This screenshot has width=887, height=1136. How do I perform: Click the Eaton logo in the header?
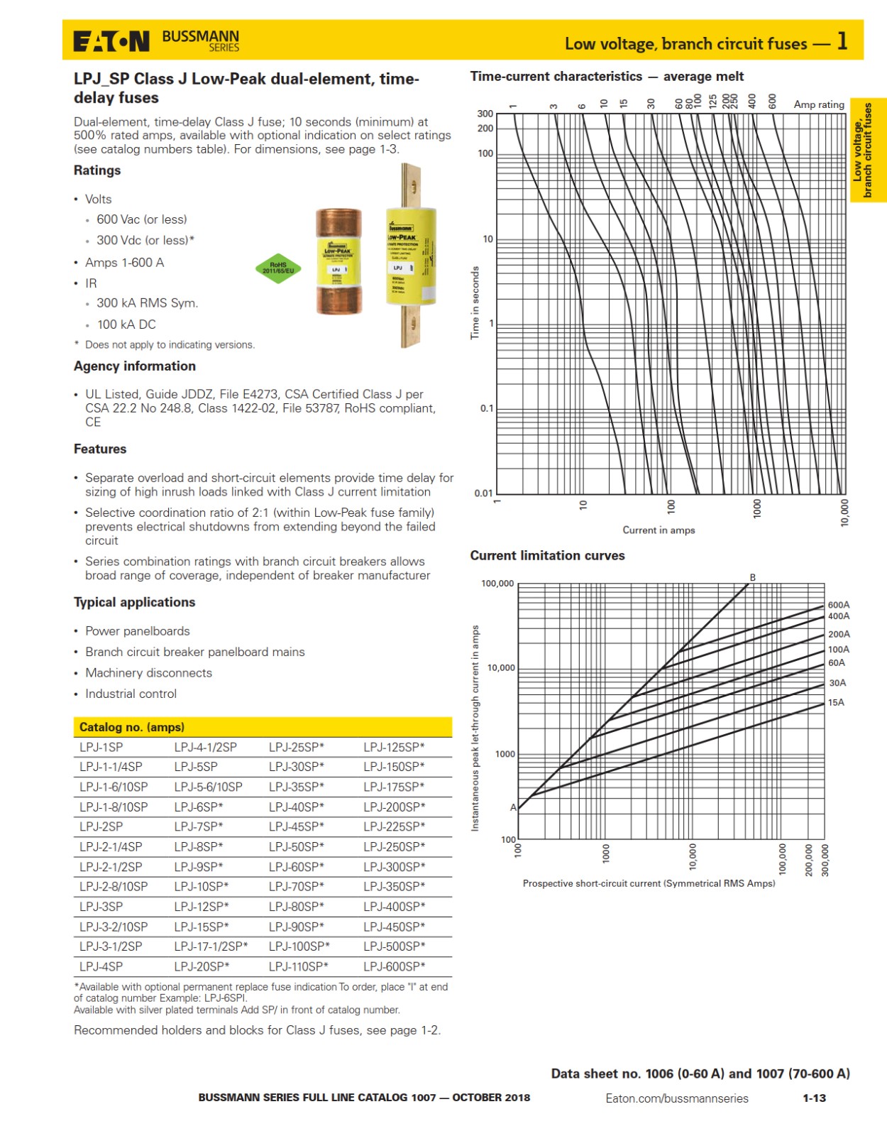tap(111, 41)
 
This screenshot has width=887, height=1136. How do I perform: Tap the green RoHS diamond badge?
tap(278, 268)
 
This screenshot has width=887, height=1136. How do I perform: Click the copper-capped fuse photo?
tap(338, 261)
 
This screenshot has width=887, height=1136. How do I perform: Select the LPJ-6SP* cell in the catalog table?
tap(199, 807)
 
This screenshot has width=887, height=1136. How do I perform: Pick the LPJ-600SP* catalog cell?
tap(395, 966)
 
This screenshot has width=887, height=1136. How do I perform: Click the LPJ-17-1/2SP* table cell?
tap(211, 946)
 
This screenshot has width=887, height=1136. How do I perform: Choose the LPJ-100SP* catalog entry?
tap(299, 946)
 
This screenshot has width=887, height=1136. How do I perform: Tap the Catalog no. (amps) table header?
tap(132, 727)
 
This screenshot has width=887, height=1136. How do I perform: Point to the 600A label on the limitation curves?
tap(838, 605)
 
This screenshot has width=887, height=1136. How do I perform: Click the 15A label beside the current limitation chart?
tap(836, 702)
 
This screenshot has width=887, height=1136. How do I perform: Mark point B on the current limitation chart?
tap(752, 577)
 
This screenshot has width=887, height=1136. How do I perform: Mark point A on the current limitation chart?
tap(513, 807)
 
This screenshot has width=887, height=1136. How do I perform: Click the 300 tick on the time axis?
tap(485, 114)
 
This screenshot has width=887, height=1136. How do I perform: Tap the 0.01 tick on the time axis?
tap(483, 493)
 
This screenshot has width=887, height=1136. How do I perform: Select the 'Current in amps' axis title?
tap(659, 530)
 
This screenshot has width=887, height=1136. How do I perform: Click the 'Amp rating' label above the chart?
tap(818, 104)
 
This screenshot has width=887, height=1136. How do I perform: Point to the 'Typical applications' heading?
tap(134, 602)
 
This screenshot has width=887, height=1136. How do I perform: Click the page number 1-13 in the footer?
tap(814, 1098)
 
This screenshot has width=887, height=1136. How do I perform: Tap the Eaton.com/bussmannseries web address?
tap(676, 1098)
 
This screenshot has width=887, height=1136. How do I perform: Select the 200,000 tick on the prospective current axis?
tap(808, 860)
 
